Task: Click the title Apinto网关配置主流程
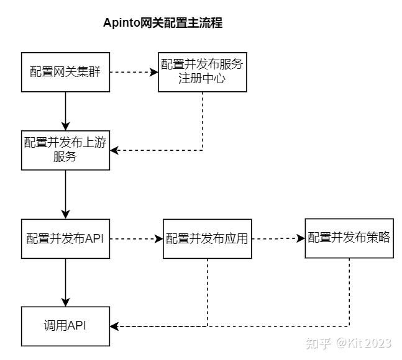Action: pos(163,24)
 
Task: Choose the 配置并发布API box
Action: pos(66,238)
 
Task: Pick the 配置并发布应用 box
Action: pos(207,238)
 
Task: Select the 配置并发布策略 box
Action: pos(349,238)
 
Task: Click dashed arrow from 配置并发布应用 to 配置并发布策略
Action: pos(278,238)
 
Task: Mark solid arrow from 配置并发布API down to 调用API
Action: pos(66,282)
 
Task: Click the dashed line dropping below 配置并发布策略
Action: pos(349,292)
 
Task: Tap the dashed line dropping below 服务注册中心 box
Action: pos(203,121)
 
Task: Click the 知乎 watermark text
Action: pos(319,343)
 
